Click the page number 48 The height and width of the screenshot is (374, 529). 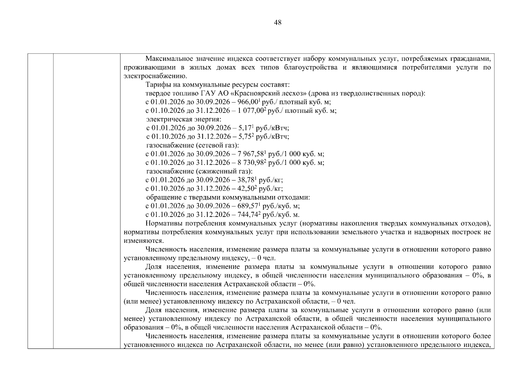point(277,22)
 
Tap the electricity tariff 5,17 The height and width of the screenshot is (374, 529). point(247,128)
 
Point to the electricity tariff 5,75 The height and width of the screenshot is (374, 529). point(247,137)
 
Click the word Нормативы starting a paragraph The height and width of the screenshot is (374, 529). point(164,223)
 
